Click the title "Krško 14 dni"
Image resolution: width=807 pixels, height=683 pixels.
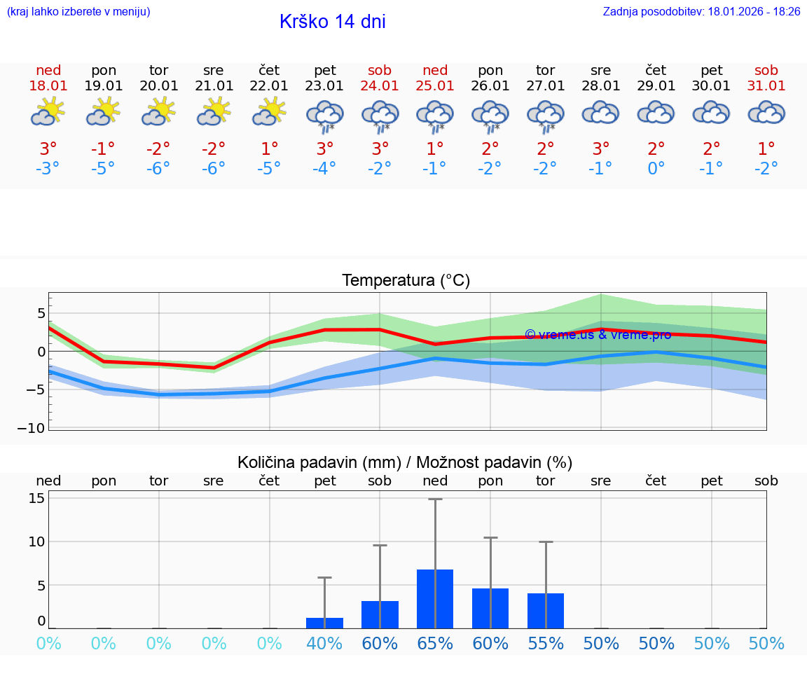click(x=332, y=22)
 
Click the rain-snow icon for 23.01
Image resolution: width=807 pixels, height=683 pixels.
click(x=325, y=115)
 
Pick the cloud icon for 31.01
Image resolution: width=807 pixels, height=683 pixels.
click(x=766, y=112)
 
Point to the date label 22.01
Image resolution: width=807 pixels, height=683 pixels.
click(x=269, y=85)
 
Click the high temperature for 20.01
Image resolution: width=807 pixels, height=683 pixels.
click(x=159, y=149)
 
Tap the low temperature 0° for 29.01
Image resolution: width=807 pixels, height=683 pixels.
click(x=656, y=168)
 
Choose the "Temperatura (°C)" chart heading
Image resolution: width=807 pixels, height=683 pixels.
click(x=406, y=281)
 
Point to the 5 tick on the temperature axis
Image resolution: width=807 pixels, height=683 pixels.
click(x=41, y=312)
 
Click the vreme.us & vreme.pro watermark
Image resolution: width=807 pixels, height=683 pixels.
click(x=598, y=335)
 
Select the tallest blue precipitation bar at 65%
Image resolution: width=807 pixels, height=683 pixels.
click(x=435, y=599)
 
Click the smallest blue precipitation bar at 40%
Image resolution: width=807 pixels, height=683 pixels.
click(x=325, y=623)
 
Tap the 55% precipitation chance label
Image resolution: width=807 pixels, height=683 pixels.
click(x=546, y=644)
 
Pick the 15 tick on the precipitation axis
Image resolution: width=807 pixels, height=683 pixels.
click(x=36, y=498)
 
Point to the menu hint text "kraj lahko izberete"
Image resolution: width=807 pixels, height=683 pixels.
click(x=78, y=11)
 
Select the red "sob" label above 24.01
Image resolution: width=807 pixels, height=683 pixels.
click(x=380, y=70)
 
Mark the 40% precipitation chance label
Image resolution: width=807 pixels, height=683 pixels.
click(x=325, y=644)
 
